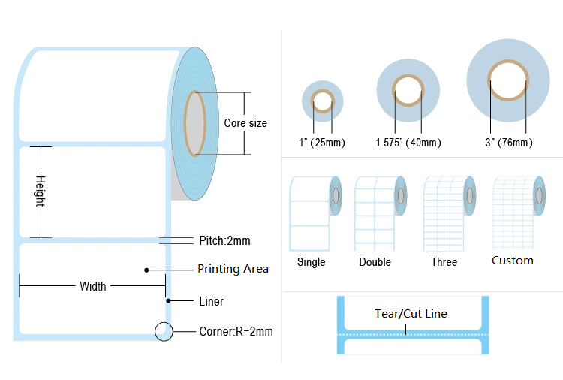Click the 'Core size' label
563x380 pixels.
click(245, 123)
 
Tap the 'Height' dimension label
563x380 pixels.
click(41, 192)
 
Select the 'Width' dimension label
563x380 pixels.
click(93, 286)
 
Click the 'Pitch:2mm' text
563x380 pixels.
click(224, 240)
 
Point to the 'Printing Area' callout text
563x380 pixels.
click(233, 269)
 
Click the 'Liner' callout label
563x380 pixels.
click(211, 301)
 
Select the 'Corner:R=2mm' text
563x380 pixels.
click(236, 331)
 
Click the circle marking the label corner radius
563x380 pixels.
click(163, 331)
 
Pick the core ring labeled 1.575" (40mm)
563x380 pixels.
click(408, 90)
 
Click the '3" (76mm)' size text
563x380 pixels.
click(509, 143)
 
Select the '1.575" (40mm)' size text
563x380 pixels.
click(408, 143)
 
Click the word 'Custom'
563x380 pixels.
click(513, 261)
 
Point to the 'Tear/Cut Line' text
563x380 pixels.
click(411, 314)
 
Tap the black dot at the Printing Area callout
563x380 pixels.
click(146, 269)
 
